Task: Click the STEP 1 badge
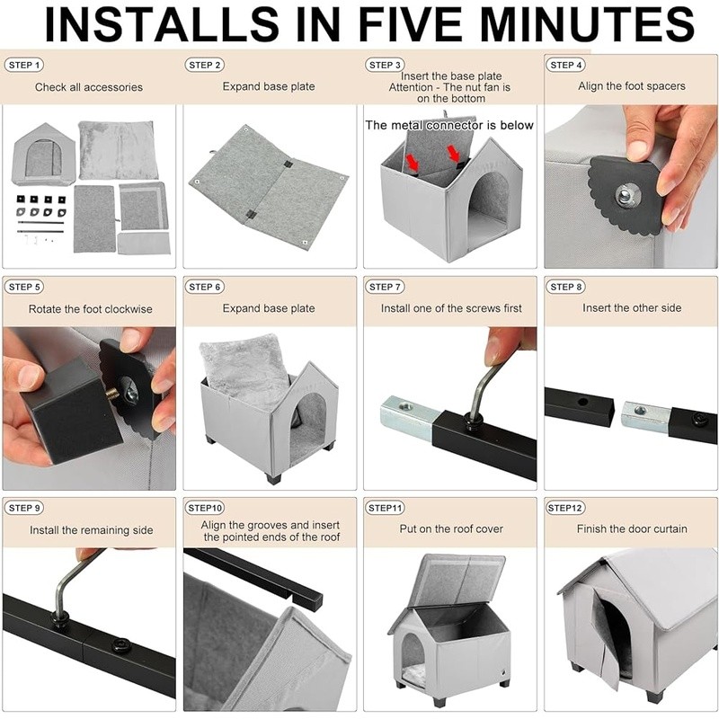pyautogui.click(x=24, y=65)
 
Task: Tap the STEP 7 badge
pyautogui.click(x=385, y=287)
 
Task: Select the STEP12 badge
pyautogui.click(x=565, y=508)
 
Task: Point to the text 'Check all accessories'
pyautogui.click(x=89, y=87)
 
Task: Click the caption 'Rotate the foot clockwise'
pyautogui.click(x=91, y=309)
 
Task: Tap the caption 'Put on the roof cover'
pyautogui.click(x=451, y=528)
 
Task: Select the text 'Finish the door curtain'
pyautogui.click(x=632, y=528)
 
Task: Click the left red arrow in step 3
pyautogui.click(x=412, y=162)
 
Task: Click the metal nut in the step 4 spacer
pyautogui.click(x=625, y=196)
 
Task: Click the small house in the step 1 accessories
pyautogui.click(x=44, y=154)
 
